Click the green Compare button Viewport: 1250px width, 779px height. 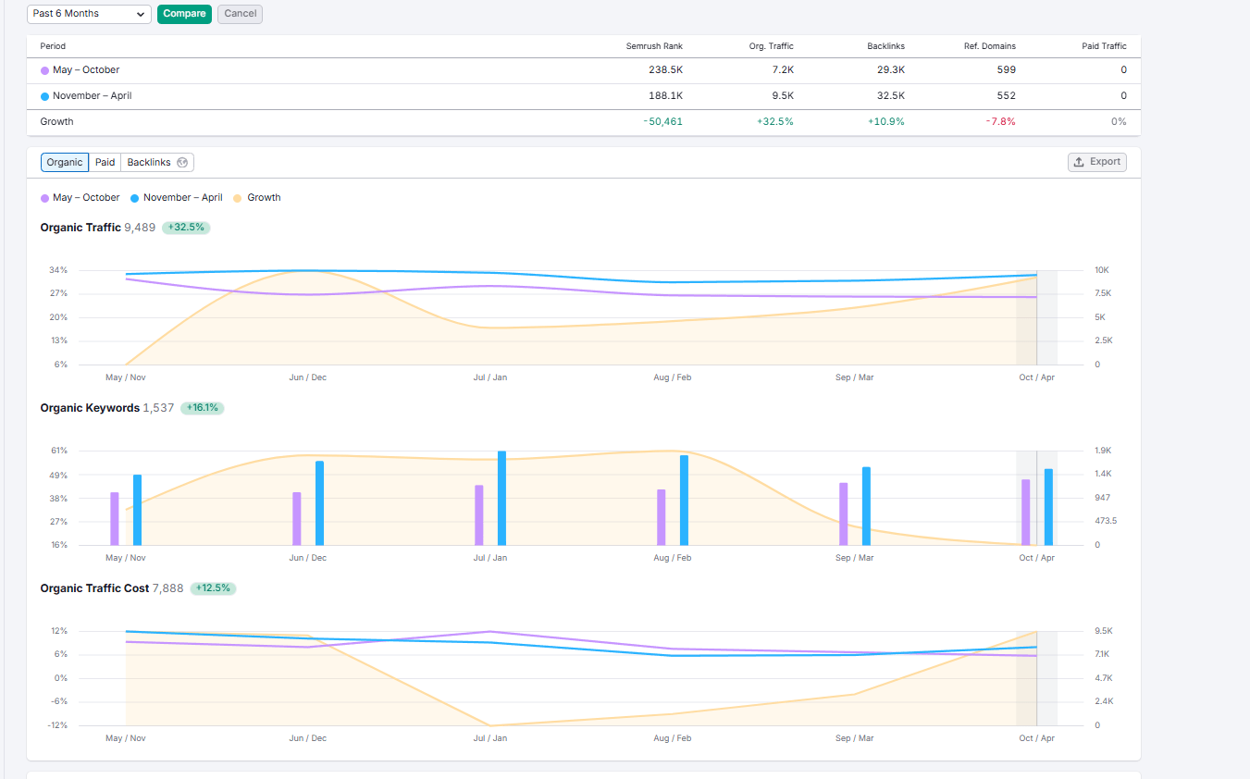(x=184, y=14)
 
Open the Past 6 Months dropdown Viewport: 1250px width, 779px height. (x=89, y=14)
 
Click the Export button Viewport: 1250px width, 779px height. (x=1096, y=162)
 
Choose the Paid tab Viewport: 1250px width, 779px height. (x=105, y=163)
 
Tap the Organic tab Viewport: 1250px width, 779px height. (x=65, y=163)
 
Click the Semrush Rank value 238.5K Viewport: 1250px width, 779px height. (x=665, y=70)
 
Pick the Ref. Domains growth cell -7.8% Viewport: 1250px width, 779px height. (x=1000, y=122)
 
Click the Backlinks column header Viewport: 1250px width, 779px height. (x=885, y=46)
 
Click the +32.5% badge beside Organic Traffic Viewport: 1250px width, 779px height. (x=186, y=228)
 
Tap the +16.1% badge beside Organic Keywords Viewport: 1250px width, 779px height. (x=202, y=408)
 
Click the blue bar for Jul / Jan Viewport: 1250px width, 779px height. (x=501, y=498)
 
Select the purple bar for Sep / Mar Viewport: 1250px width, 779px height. (x=844, y=513)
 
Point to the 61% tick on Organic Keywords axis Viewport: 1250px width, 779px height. (x=58, y=451)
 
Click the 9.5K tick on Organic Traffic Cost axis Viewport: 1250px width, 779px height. (x=1103, y=631)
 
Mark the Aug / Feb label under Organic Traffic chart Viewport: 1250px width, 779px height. (x=672, y=377)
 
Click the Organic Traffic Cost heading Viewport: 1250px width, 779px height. (x=94, y=588)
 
